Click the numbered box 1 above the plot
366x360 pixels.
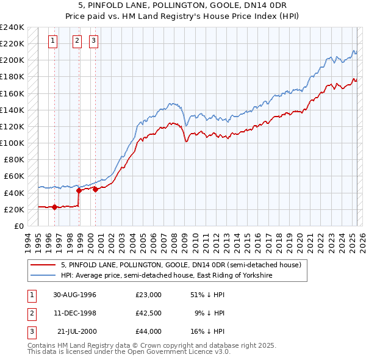click(x=53, y=41)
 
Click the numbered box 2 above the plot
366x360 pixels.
click(x=77, y=41)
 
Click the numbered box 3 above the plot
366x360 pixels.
click(x=94, y=41)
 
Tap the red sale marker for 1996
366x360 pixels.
click(x=55, y=207)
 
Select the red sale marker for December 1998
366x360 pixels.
click(x=79, y=190)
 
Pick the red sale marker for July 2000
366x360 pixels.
click(x=96, y=189)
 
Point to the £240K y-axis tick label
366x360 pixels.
click(x=12, y=27)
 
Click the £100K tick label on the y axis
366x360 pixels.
click(x=12, y=143)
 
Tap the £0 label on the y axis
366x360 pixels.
click(x=18, y=226)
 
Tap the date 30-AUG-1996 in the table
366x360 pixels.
click(x=74, y=295)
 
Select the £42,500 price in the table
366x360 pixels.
click(x=148, y=313)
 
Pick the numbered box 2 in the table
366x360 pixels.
click(x=30, y=313)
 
